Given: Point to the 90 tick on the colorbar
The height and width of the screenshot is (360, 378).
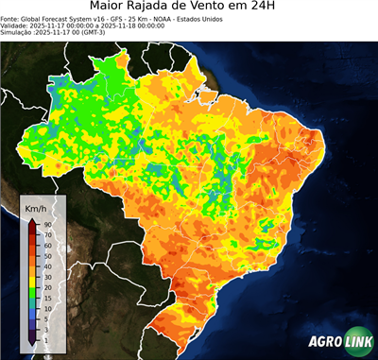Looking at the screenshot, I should [46, 224].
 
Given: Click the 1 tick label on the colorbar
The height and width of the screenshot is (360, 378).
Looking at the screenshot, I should [44, 339].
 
